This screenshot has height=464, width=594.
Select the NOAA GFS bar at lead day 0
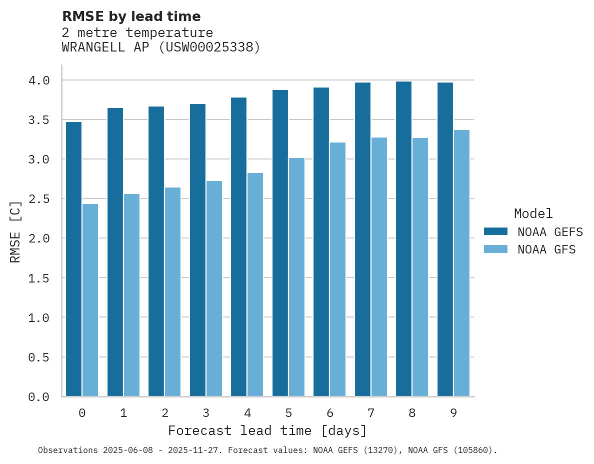tap(90, 300)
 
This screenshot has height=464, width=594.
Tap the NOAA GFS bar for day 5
tap(296, 277)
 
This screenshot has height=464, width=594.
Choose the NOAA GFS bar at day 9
tap(461, 263)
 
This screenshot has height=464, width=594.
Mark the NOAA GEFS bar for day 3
tap(197, 250)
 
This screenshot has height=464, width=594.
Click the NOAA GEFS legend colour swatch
tap(495, 231)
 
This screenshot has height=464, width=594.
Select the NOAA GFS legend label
tap(546, 249)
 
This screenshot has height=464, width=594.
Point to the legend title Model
tap(533, 213)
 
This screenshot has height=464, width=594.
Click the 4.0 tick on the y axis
tap(39, 80)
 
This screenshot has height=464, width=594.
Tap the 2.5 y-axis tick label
tap(39, 199)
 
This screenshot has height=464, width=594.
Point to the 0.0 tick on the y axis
tap(39, 397)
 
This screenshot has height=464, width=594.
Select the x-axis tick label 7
tap(371, 413)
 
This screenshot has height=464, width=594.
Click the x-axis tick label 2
tap(164, 413)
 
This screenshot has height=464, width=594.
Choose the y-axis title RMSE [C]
tap(15, 231)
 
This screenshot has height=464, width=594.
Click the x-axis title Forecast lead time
tap(267, 430)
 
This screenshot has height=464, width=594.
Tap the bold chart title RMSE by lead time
tap(131, 16)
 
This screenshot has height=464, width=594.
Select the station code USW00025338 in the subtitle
tap(209, 47)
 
